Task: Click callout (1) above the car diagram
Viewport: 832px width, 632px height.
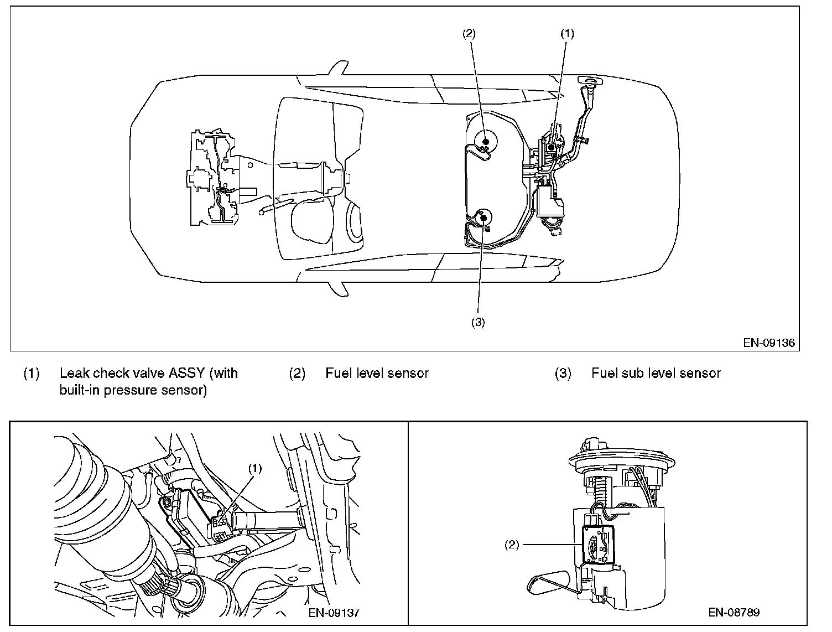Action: tap(567, 34)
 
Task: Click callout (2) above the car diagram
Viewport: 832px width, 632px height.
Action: tap(469, 34)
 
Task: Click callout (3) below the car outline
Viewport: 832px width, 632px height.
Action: tap(478, 322)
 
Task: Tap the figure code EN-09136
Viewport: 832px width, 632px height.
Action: tap(769, 343)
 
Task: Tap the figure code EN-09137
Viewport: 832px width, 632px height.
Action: tap(334, 613)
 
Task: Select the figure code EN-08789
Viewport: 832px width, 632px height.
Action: tap(734, 612)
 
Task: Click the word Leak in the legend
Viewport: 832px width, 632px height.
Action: tap(74, 373)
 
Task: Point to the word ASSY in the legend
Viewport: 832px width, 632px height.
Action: tap(187, 373)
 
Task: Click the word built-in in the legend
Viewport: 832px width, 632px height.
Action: tap(80, 390)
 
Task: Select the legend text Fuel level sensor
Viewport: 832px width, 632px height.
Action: tap(377, 374)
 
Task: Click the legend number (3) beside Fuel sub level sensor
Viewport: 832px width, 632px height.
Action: tap(563, 374)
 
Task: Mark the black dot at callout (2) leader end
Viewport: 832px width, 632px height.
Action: tap(485, 142)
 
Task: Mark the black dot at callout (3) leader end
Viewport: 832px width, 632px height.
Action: tap(483, 217)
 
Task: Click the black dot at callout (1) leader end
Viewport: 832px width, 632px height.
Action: tap(552, 147)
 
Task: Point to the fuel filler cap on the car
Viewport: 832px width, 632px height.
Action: tap(589, 80)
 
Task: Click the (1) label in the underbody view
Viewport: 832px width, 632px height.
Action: tap(254, 469)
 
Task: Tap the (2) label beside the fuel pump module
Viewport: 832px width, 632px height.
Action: tap(511, 545)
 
